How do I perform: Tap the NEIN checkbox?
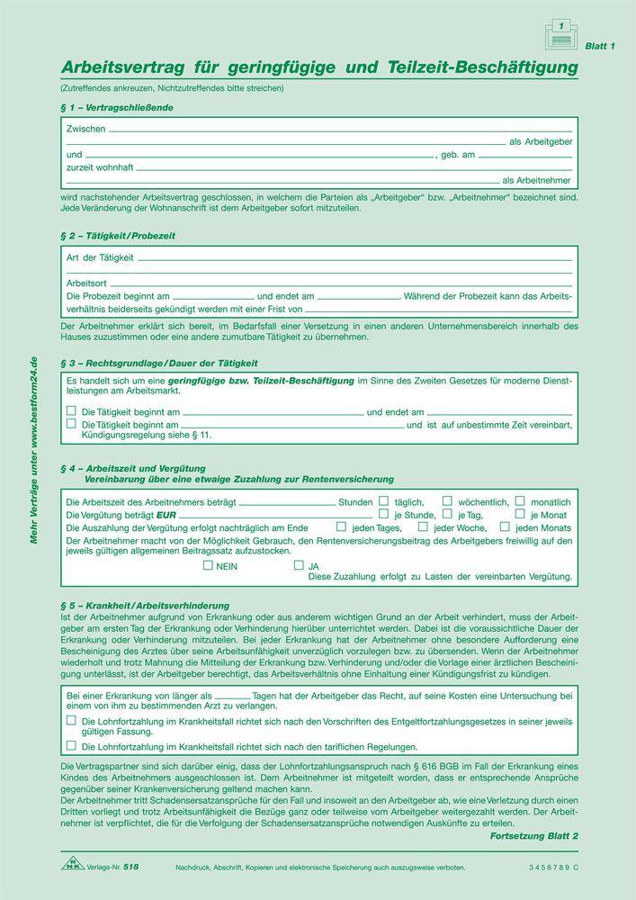[209, 566]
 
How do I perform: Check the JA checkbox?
[300, 566]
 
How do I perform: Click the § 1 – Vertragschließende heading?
[117, 108]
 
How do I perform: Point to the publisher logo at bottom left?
[73, 865]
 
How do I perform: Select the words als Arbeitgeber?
[541, 142]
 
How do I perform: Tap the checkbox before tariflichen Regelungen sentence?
[71, 746]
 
